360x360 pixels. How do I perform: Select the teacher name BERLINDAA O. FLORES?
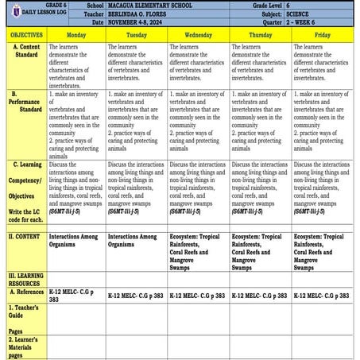(x=143, y=14)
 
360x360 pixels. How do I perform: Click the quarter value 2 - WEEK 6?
(x=315, y=23)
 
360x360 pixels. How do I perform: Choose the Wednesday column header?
(x=199, y=36)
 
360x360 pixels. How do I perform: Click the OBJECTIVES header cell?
(x=25, y=36)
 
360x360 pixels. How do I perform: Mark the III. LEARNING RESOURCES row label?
(x=25, y=279)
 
